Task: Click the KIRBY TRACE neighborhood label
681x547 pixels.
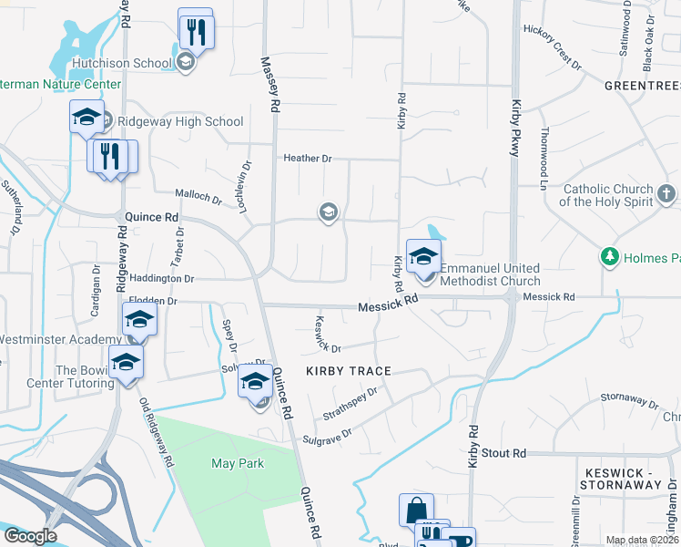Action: tap(348, 371)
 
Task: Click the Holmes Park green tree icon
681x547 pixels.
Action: tap(609, 258)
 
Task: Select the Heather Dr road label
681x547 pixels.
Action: tap(308, 159)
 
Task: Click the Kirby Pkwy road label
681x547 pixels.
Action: tap(515, 129)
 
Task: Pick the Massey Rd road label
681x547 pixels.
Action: tap(269, 85)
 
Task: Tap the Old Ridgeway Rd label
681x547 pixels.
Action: tap(157, 432)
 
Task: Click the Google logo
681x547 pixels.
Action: tap(30, 536)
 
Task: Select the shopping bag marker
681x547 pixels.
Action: tap(416, 509)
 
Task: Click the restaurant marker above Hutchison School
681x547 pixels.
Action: tap(196, 31)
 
